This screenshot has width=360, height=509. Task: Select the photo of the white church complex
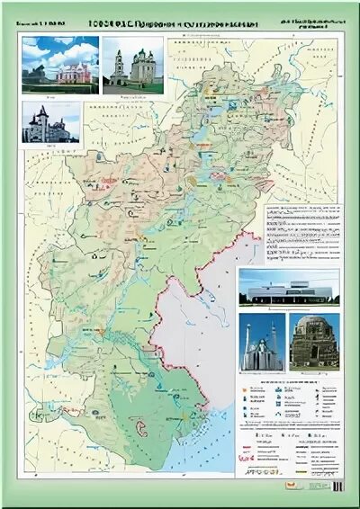[x=133, y=65]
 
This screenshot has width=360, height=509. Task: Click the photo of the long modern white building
[x=289, y=289]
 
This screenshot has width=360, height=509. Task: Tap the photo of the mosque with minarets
[x=262, y=342]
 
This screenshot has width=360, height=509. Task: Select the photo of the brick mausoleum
[x=314, y=342]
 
